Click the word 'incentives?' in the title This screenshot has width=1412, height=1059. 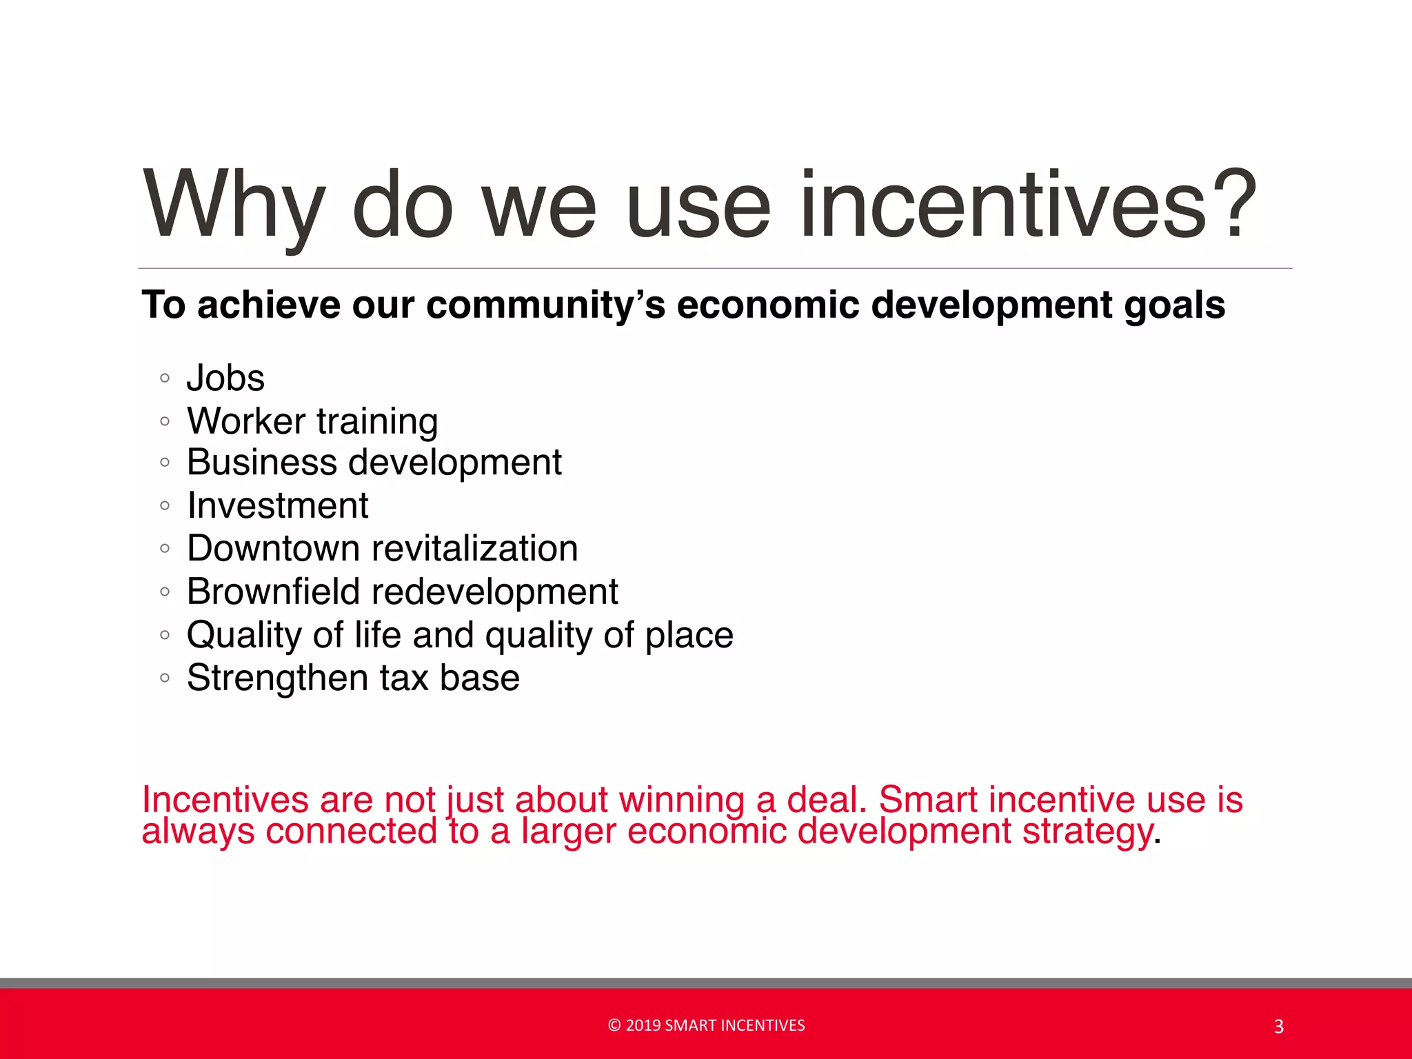tap(1027, 205)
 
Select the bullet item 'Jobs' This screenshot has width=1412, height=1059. tap(225, 378)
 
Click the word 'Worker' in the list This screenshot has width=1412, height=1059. tap(246, 421)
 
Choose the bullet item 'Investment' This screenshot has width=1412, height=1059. tap(278, 505)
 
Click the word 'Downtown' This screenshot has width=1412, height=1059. tap(274, 548)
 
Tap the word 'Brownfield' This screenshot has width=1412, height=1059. tap(274, 592)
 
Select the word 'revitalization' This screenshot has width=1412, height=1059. tap(475, 548)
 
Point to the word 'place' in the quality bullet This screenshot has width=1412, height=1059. tap(689, 635)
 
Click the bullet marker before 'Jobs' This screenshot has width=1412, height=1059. tap(164, 378)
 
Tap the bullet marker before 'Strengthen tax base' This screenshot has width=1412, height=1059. tap(164, 678)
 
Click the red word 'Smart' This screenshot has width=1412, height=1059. tap(928, 800)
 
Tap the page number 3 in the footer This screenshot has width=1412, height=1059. tap(1279, 1027)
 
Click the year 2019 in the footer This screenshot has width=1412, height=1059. tap(643, 1025)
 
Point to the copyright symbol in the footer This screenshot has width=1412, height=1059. tap(614, 1025)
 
